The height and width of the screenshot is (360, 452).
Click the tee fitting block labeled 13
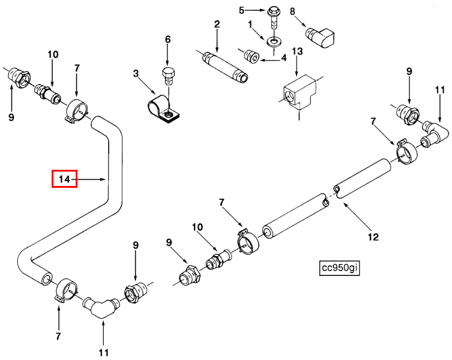[298, 93]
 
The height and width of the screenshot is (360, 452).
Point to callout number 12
[373, 237]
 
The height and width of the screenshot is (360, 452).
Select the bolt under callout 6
[169, 76]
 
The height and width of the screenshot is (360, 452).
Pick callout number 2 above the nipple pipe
[217, 25]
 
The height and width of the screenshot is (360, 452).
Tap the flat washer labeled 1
[274, 41]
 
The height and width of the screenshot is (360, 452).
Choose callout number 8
[292, 11]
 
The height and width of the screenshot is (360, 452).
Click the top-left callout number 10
[53, 55]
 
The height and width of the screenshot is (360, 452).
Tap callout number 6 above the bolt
[168, 40]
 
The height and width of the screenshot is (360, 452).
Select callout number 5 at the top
[242, 10]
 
